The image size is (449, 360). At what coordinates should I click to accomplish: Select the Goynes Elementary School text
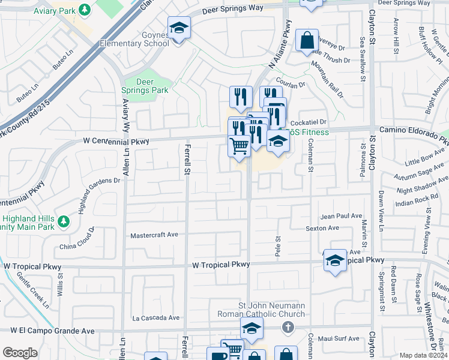tap(134, 39)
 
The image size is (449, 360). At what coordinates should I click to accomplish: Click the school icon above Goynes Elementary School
tap(178, 28)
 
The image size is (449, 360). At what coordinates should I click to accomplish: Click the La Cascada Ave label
tap(156, 317)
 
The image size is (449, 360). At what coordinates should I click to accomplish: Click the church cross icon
tap(288, 327)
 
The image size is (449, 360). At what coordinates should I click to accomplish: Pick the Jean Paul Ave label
tap(342, 216)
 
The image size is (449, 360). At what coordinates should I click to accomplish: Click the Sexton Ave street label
tap(322, 228)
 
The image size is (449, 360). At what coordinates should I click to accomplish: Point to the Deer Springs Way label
tap(232, 9)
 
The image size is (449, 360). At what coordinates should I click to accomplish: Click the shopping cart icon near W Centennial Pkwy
tap(239, 145)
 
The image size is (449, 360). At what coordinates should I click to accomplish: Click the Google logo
tap(20, 353)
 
